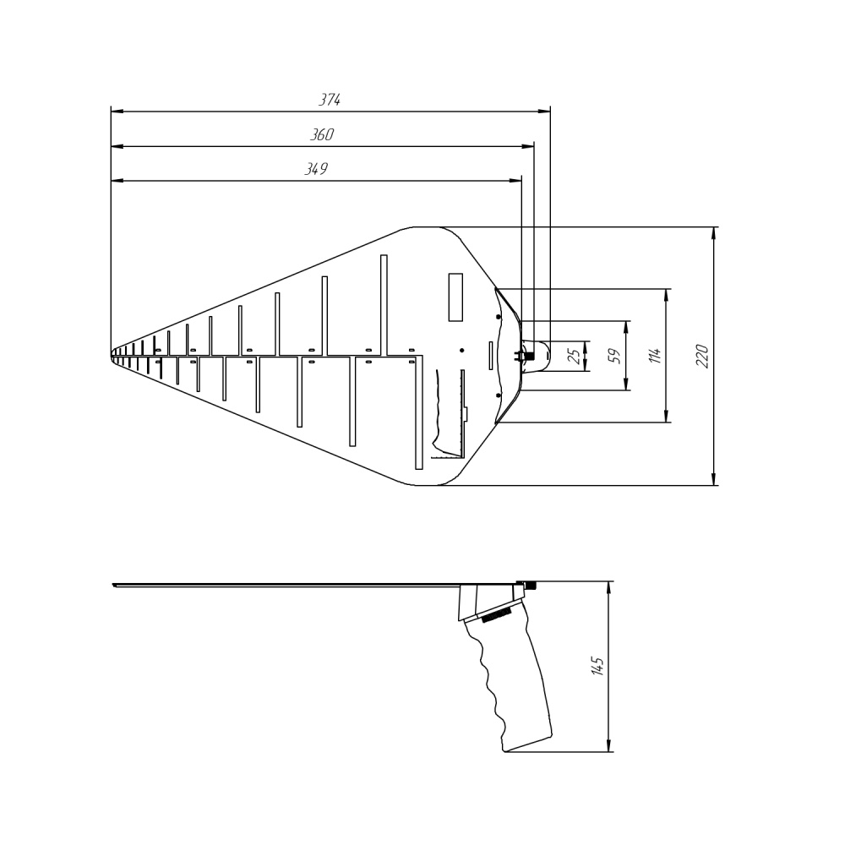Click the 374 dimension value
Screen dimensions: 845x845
330,100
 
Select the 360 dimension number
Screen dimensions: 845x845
322,134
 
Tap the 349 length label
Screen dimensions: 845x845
316,169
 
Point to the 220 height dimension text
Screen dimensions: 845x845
702,356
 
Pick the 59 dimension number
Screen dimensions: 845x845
614,356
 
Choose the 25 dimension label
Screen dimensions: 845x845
575,357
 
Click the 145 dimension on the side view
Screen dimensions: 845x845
597,666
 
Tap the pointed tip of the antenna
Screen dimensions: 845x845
112,356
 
